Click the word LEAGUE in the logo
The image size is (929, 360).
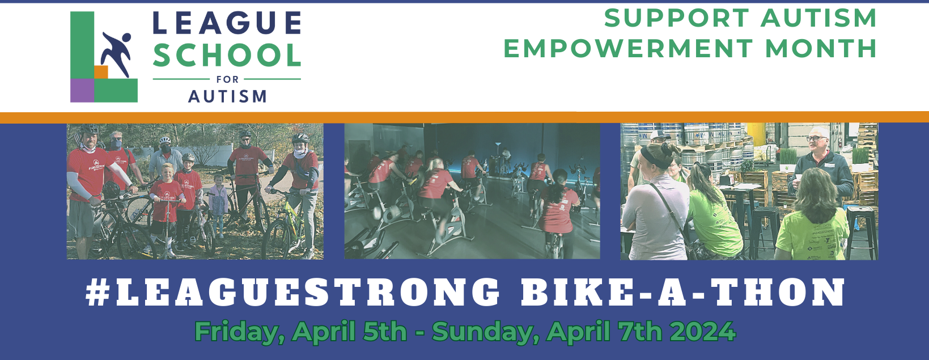(x=227, y=23)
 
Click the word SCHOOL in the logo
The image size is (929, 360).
(x=227, y=56)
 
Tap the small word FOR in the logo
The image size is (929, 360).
(x=227, y=79)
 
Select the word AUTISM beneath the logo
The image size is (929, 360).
(x=227, y=97)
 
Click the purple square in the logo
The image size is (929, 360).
(x=82, y=90)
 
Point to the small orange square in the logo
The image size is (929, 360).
(x=101, y=72)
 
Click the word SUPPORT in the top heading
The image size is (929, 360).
(x=677, y=18)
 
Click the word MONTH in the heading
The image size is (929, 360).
(x=821, y=49)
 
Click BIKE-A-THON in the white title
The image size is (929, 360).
(x=683, y=293)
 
